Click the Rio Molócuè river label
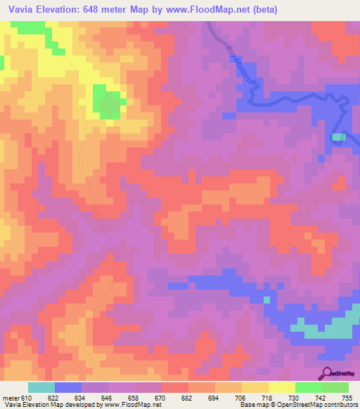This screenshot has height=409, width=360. click(240, 63)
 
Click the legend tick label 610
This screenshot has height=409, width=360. click(27, 397)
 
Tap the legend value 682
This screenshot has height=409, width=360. click(188, 397)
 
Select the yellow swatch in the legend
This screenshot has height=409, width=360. click(281, 387)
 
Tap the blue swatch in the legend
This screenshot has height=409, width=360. click(67, 387)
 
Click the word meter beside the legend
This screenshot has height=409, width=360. click(10, 397)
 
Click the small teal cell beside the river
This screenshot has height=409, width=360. click(338, 137)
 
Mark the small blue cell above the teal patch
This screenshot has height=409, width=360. click(266, 300)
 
